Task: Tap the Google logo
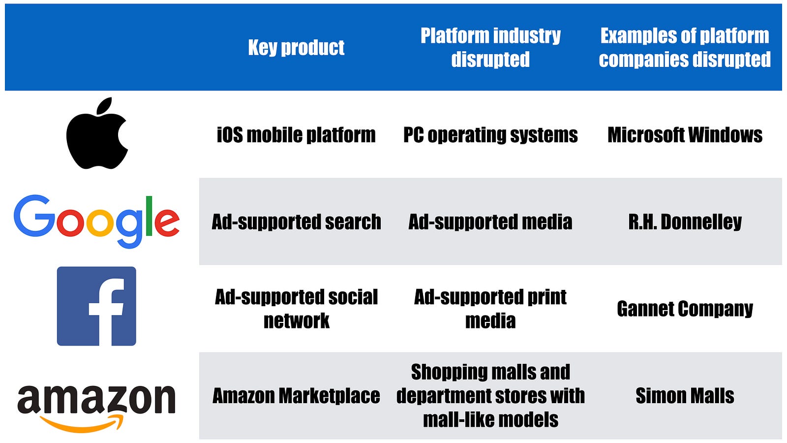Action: pyautogui.click(x=96, y=221)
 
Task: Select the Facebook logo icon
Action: pyautogui.click(x=96, y=306)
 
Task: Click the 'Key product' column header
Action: pyautogui.click(x=296, y=47)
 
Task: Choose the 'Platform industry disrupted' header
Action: pyautogui.click(x=490, y=47)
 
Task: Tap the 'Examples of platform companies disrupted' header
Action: pyautogui.click(x=685, y=47)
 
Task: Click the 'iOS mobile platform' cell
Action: pyautogui.click(x=296, y=135)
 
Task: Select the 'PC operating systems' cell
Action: pyautogui.click(x=490, y=135)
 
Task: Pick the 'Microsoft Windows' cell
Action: pyautogui.click(x=685, y=135)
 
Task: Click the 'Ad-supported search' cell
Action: pyautogui.click(x=296, y=222)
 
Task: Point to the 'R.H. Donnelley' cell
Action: pyautogui.click(x=685, y=222)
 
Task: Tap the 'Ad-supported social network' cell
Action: pyautogui.click(x=296, y=309)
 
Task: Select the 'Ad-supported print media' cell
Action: pyautogui.click(x=490, y=309)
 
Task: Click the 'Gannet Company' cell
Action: pyautogui.click(x=685, y=309)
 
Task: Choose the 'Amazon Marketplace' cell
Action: pyautogui.click(x=296, y=396)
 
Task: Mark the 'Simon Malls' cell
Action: pyautogui.click(x=685, y=396)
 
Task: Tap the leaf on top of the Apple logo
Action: pyautogui.click(x=104, y=106)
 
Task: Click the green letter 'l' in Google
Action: pyautogui.click(x=149, y=216)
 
